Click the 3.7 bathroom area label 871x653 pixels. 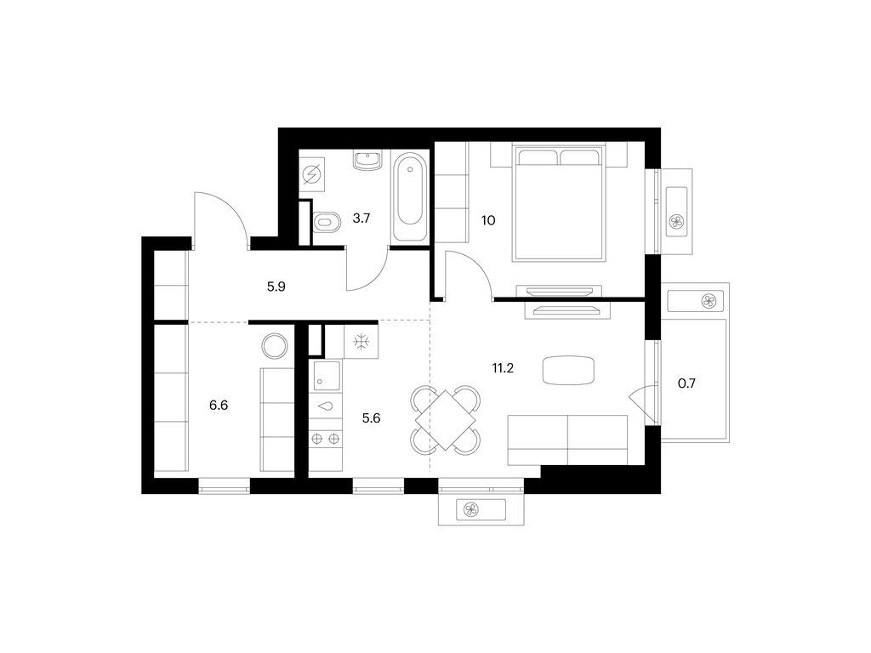[361, 219]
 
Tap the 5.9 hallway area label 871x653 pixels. [276, 287]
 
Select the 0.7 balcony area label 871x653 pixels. [687, 383]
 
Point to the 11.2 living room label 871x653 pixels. [503, 367]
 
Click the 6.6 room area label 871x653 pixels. [219, 406]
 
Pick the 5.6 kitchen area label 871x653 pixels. [371, 418]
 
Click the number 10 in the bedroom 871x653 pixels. [488, 220]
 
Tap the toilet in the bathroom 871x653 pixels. [327, 223]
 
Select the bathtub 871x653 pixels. [410, 197]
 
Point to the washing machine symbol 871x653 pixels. [311, 175]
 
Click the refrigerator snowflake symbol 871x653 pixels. [361, 341]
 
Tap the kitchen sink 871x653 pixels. [327, 375]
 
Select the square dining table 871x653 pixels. [445, 420]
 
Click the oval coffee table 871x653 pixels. [568, 371]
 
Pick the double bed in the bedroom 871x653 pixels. [559, 202]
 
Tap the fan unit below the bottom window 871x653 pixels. [481, 509]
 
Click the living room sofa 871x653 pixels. [567, 440]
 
